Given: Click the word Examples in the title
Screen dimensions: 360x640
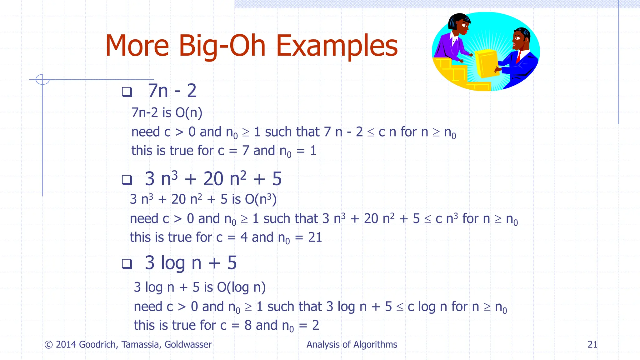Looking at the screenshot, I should pos(337,46).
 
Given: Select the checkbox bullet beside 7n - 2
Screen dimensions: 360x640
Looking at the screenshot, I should pos(127,92).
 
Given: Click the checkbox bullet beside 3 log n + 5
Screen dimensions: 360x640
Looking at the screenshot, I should pos(127,264).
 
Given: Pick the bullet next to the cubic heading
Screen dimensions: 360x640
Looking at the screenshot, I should pos(127,180).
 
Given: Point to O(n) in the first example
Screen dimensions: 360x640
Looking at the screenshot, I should pos(189,113).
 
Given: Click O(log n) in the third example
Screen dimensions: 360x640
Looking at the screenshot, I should pos(241,287).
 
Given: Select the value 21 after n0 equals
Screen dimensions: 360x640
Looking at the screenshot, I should pos(315,237).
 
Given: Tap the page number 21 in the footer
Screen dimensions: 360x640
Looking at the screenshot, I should pos(592,344).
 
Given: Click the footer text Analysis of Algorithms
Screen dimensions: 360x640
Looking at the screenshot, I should pos(352,344).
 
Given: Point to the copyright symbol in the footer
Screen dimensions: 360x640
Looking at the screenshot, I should pos(48,345).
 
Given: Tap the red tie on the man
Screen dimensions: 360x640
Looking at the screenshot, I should pos(518,57).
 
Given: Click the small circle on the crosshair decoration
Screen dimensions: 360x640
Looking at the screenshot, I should pos(42,79).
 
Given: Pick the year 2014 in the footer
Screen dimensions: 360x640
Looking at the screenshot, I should pos(66,344).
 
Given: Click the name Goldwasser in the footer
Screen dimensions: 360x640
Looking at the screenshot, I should pos(188,344).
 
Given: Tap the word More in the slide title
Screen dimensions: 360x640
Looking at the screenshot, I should pos(137,46).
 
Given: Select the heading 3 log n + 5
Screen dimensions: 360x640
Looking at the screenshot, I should pos(191,263).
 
